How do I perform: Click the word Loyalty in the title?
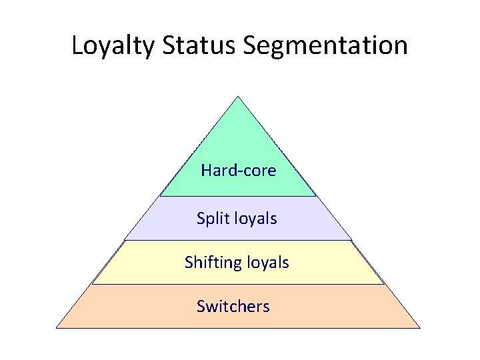click(x=112, y=45)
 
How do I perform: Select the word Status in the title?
click(x=199, y=45)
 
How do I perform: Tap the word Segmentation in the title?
click(x=325, y=45)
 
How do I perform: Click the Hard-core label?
click(x=238, y=171)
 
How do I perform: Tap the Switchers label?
click(x=233, y=306)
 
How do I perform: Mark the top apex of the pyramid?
click(x=238, y=97)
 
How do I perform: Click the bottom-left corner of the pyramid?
click(x=57, y=327)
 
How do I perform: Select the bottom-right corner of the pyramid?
click(x=420, y=327)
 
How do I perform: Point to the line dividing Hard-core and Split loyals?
click(x=238, y=196)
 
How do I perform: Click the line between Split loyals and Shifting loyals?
click(x=238, y=240)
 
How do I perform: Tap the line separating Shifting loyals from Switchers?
click(x=238, y=284)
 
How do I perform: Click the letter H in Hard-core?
click(x=205, y=171)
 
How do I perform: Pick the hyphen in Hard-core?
click(x=235, y=172)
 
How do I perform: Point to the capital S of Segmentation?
click(x=251, y=45)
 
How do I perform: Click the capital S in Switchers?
click(x=201, y=306)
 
